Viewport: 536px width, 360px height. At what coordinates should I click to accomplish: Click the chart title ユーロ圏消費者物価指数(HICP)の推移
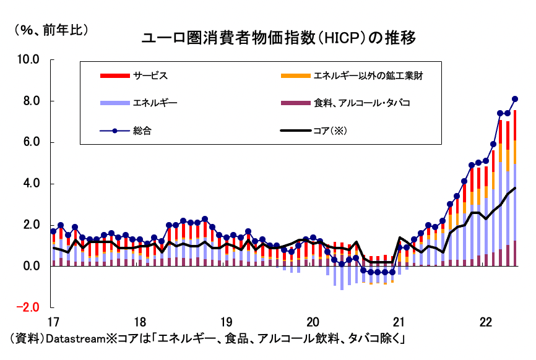[279, 38]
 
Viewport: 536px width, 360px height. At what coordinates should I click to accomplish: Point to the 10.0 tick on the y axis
[28, 60]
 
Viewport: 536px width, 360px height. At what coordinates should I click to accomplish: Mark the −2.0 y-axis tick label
[28, 308]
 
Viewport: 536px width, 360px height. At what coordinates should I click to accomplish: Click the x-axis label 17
[53, 322]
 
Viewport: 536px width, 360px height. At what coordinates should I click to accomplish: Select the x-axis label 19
[226, 322]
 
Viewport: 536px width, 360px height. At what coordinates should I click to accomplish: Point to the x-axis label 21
[399, 322]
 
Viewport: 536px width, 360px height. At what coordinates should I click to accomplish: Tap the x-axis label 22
[486, 322]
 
